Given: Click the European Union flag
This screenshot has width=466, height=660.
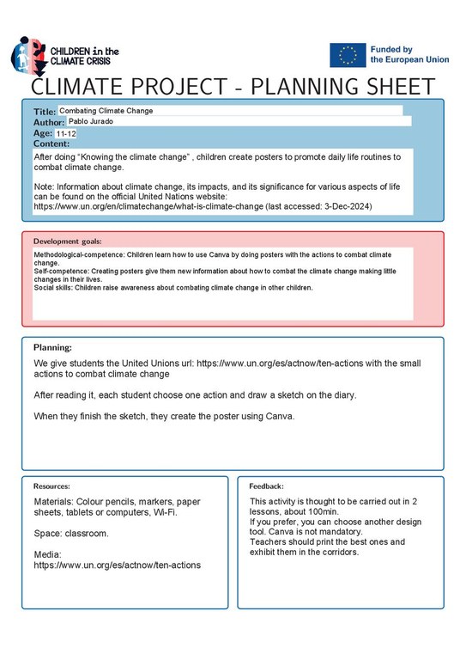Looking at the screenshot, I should (348, 55).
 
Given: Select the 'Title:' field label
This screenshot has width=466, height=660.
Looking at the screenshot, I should (45, 113).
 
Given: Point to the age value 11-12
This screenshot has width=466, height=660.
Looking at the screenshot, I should (66, 135).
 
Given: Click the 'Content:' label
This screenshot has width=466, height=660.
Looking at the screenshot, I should (53, 144).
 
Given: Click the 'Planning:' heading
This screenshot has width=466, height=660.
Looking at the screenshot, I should (52, 347).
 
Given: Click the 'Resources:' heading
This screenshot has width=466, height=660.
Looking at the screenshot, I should (51, 486).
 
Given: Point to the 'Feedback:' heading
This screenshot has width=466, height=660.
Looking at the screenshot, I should (266, 486).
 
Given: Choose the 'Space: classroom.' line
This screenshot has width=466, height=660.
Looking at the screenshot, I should (71, 533).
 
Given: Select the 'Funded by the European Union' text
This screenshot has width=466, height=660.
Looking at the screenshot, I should (409, 55).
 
